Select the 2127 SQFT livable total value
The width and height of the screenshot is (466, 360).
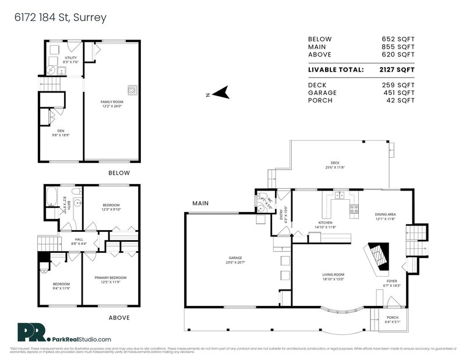coord(398,69)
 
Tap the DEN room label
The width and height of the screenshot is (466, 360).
coord(61,131)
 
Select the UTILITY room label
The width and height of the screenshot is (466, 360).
coord(70,58)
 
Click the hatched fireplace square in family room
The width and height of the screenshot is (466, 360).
coord(133,90)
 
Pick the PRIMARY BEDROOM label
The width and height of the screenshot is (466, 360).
coord(111,278)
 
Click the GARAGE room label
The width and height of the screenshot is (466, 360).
coord(235,257)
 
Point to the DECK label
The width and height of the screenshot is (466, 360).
coord(335,163)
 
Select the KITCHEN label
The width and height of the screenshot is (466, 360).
coord(325,223)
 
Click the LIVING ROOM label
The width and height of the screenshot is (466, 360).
coord(334,274)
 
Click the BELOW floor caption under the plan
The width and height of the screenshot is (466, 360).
coord(119,173)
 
